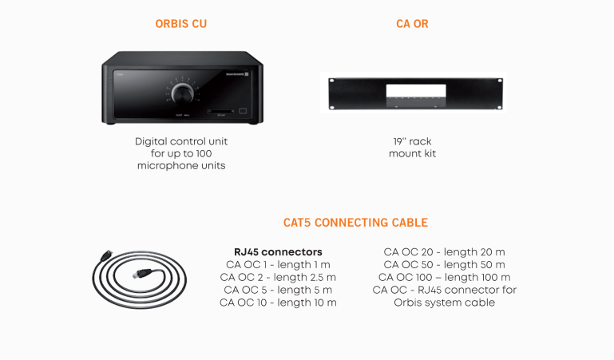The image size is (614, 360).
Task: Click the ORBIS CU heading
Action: point(181,24)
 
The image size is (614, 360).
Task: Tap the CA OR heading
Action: point(412,24)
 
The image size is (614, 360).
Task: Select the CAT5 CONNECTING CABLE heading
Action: point(355,223)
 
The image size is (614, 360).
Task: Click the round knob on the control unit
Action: point(182,93)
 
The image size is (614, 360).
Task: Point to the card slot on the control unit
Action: point(221,111)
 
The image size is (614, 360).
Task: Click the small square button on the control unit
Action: point(244,111)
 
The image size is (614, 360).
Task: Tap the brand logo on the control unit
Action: point(237,73)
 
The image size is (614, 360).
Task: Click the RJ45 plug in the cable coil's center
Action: point(142,273)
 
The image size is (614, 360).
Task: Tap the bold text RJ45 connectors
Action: point(278,252)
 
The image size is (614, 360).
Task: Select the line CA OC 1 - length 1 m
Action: point(278,265)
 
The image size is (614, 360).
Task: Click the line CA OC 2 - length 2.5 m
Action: point(278,278)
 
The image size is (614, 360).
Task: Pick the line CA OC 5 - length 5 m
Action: point(278,290)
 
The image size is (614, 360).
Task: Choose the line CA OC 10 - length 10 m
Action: point(278,303)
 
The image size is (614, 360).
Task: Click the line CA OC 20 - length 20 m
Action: point(445,252)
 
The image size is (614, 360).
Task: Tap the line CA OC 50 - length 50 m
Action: point(445,265)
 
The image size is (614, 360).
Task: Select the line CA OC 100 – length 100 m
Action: point(445,278)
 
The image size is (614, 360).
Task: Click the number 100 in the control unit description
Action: point(204,153)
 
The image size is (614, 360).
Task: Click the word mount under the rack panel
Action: point(404,154)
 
